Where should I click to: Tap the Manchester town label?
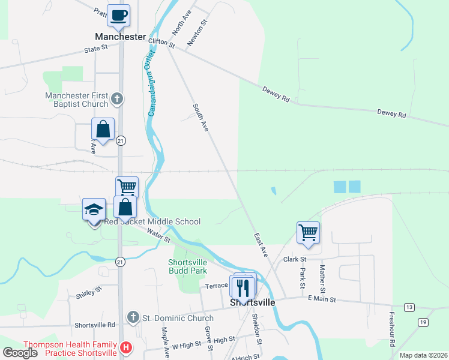[121, 37]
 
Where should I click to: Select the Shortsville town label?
[253, 302]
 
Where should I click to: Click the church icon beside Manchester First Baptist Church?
[118, 98]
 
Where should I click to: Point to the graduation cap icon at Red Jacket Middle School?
[94, 209]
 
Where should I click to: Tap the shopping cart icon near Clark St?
[308, 231]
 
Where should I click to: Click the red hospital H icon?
[126, 347]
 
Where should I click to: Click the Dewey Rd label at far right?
[391, 113]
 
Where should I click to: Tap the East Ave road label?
[260, 245]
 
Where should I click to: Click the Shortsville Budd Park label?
[187, 266]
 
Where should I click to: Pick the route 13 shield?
[409, 307]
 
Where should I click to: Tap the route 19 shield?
[423, 322]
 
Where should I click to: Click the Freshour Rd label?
[392, 328]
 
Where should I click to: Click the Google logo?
[20, 353]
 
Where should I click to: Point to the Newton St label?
[197, 32]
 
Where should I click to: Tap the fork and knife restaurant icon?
[243, 287]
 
